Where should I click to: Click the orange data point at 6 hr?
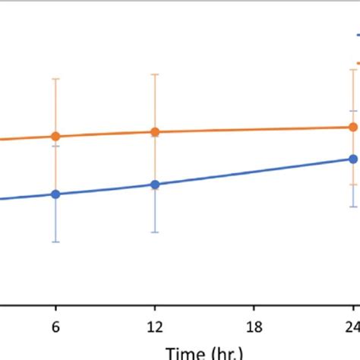55,137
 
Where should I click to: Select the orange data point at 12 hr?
155,131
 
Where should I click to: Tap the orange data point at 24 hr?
353,127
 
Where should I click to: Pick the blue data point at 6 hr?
55,194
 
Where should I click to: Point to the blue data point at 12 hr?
155,185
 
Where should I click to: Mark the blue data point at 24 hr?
353,159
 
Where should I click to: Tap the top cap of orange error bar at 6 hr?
55,78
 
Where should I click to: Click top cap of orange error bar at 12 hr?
155,74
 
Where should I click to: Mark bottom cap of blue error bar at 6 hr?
55,242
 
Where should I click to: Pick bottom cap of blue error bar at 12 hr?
155,232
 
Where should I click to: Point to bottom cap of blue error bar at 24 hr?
353,207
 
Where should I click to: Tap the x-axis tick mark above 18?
255,309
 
